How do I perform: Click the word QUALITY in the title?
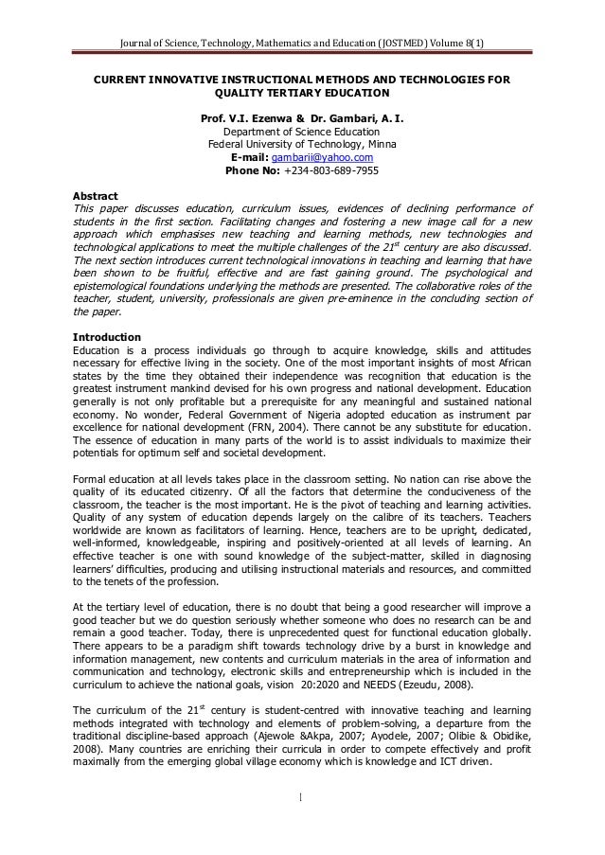click(244, 95)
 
